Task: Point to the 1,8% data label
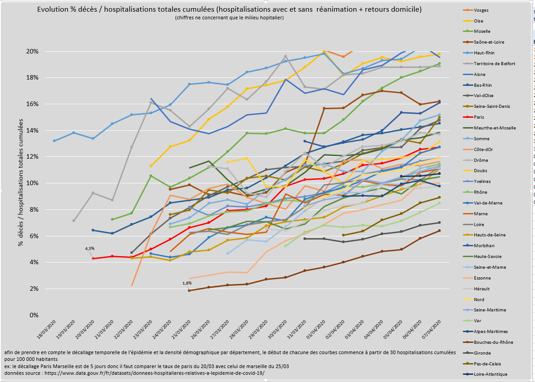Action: [187, 283]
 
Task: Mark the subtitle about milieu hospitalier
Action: [229, 18]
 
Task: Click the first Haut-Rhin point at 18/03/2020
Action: [54, 141]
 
